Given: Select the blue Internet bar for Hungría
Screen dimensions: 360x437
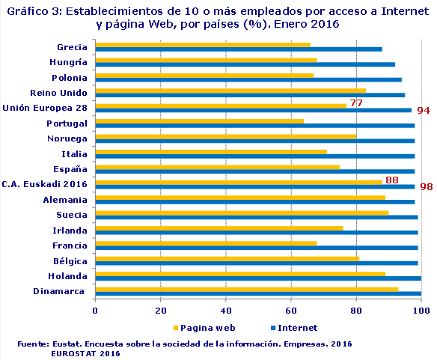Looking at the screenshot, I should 245,64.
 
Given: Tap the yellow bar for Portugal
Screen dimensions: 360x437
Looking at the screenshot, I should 199,120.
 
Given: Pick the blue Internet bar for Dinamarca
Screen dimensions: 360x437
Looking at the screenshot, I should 258,293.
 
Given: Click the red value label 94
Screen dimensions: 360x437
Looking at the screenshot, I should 424,111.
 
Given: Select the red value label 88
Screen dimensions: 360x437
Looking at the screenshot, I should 391,180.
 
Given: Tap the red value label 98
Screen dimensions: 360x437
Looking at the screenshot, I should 427,187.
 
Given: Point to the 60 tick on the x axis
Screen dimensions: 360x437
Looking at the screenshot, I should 291,310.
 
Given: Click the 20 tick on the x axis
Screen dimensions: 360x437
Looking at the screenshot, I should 160,310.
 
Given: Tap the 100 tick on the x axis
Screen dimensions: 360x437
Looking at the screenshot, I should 421,310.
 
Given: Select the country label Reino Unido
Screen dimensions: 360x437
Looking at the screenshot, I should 58,93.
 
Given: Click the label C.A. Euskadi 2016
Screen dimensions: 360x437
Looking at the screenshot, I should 45,184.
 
